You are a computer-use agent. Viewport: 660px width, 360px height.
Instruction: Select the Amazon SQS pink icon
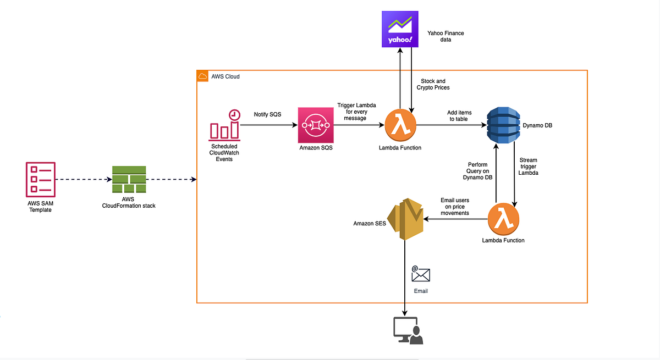tap(316, 125)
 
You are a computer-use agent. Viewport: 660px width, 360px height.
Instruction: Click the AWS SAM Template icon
tap(40, 179)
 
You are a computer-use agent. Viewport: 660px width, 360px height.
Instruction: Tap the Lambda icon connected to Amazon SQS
tap(400, 125)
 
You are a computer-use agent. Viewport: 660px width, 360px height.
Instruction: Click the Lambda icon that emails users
tap(503, 219)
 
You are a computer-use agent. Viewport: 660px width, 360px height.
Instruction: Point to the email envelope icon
tap(421, 274)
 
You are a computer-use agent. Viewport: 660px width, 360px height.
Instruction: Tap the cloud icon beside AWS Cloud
tap(202, 76)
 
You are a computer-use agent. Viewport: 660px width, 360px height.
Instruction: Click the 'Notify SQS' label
tap(268, 115)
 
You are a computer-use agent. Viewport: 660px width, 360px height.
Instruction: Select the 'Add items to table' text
tap(459, 116)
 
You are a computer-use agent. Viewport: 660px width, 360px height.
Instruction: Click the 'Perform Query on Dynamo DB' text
tap(477, 170)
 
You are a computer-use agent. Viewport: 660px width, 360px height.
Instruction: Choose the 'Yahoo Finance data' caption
tap(446, 36)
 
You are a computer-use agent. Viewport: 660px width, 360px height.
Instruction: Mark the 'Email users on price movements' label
tap(455, 206)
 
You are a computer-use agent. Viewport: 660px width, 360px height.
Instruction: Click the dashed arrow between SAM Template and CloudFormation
tap(82, 180)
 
